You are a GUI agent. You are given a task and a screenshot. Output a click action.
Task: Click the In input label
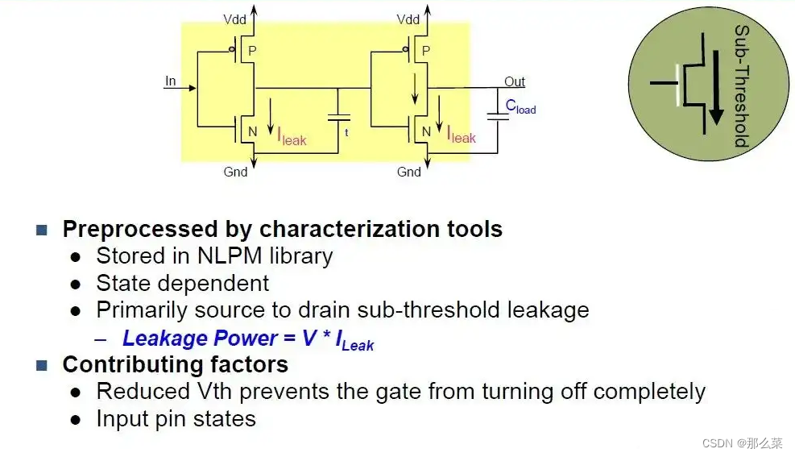pyautogui.click(x=170, y=81)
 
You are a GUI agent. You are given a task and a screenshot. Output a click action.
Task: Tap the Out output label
pyautogui.click(x=514, y=81)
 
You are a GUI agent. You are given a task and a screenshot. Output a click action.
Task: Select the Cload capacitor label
pyautogui.click(x=520, y=106)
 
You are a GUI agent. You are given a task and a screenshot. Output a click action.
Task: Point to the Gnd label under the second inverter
pyautogui.click(x=409, y=172)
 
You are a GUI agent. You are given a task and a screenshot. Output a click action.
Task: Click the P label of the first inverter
pyautogui.click(x=251, y=51)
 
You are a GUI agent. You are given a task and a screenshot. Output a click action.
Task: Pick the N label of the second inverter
pyautogui.click(x=426, y=131)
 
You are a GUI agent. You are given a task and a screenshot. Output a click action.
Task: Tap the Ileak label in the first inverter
pyautogui.click(x=292, y=138)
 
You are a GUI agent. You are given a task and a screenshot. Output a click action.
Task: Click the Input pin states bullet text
pyautogui.click(x=176, y=419)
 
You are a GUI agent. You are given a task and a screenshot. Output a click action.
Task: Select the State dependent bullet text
pyautogui.click(x=182, y=284)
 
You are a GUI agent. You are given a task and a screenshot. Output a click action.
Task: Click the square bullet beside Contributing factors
pyautogui.click(x=42, y=365)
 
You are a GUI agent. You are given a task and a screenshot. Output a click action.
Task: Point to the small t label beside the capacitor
pyautogui.click(x=346, y=131)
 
